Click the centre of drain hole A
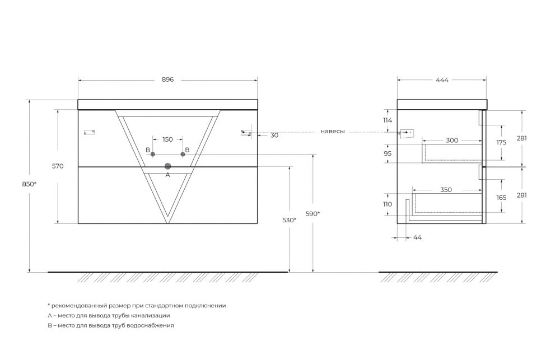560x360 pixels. pos(167,166)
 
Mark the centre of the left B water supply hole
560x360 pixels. pos(153,155)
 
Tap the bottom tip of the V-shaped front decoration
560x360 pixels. pos(167,223)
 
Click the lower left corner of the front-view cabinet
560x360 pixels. pos(78,223)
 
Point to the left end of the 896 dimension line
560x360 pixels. pos(78,81)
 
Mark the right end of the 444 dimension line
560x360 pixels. pos(486,81)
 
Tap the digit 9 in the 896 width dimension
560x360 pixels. pos(167,80)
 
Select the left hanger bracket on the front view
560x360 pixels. pos(89,132)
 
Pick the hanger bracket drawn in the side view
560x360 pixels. pos(407,133)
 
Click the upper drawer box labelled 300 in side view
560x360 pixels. pos(452,153)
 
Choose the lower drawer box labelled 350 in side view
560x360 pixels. pos(447,203)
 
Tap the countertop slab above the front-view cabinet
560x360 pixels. pos(167,104)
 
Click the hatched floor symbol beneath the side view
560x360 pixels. pos(438,277)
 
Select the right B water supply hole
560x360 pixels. pos(183,155)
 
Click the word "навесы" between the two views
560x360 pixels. pos(333,132)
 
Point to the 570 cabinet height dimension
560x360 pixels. pos(58,166)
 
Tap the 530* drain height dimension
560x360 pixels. pos(290,220)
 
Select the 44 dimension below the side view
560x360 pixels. pos(418,237)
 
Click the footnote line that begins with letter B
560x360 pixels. pos(111,325)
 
